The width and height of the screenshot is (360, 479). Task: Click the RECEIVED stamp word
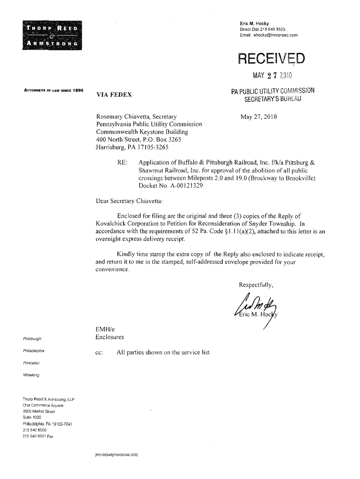(271, 59)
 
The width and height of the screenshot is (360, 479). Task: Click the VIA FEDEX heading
(114, 95)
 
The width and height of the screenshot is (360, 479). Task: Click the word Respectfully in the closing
(256, 285)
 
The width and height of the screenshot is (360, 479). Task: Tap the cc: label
(99, 352)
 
